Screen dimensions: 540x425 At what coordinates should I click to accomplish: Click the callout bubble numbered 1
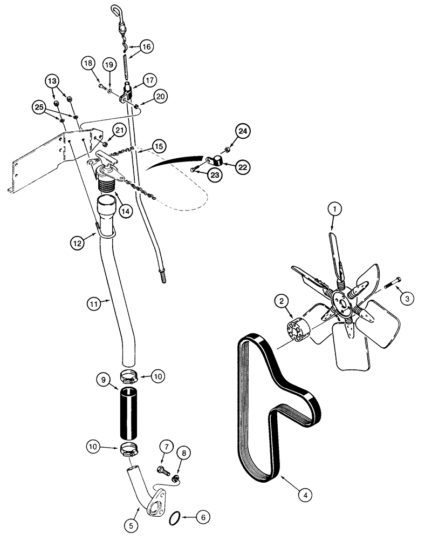click(334, 207)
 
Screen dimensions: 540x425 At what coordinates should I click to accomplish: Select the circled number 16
click(147, 47)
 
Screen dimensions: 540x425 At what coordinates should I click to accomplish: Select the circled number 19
click(109, 65)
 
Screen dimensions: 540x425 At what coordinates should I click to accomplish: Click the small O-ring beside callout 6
click(174, 519)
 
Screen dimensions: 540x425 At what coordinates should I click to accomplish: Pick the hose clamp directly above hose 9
click(129, 374)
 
